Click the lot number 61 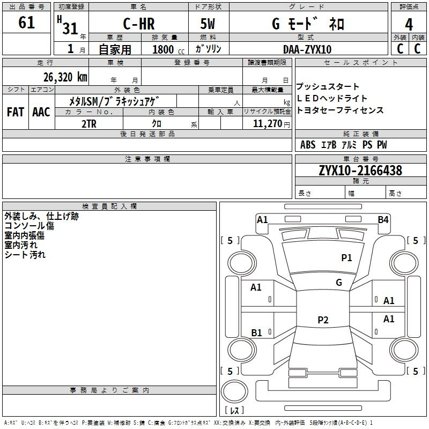tap(26, 23)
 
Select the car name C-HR tap(139, 24)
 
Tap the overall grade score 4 tap(409, 25)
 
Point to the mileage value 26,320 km tap(65, 77)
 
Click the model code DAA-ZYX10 tap(307, 49)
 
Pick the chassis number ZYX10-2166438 tap(360, 171)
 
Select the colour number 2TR tap(89, 124)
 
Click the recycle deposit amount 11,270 tap(267, 124)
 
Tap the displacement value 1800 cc tap(168, 49)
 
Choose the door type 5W tap(208, 24)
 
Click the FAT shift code tap(16, 112)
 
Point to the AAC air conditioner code tap(41, 112)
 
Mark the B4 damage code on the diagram tap(383, 220)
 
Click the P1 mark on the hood tap(346, 257)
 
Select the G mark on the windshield tap(339, 282)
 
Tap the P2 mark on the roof tap(323, 320)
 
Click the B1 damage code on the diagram tap(256, 332)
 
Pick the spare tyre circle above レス tap(234, 391)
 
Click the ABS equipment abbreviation tap(308, 145)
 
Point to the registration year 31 tap(70, 28)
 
